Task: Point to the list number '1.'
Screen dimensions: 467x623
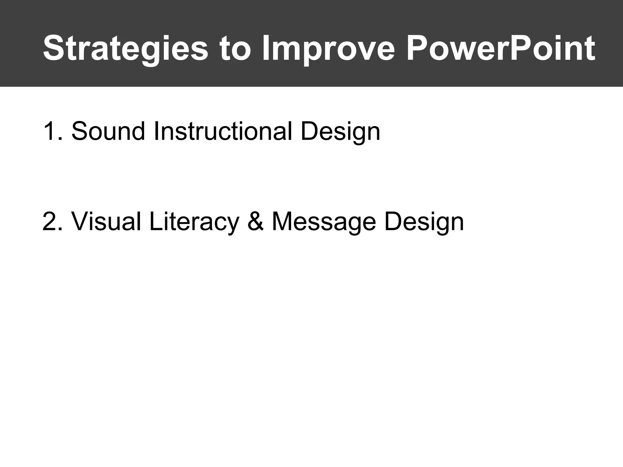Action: click(53, 131)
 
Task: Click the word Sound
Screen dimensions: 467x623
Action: click(108, 131)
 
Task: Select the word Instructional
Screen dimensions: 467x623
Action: click(223, 131)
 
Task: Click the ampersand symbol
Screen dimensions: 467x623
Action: click(256, 222)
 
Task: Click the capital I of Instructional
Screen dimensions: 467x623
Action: click(156, 131)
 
